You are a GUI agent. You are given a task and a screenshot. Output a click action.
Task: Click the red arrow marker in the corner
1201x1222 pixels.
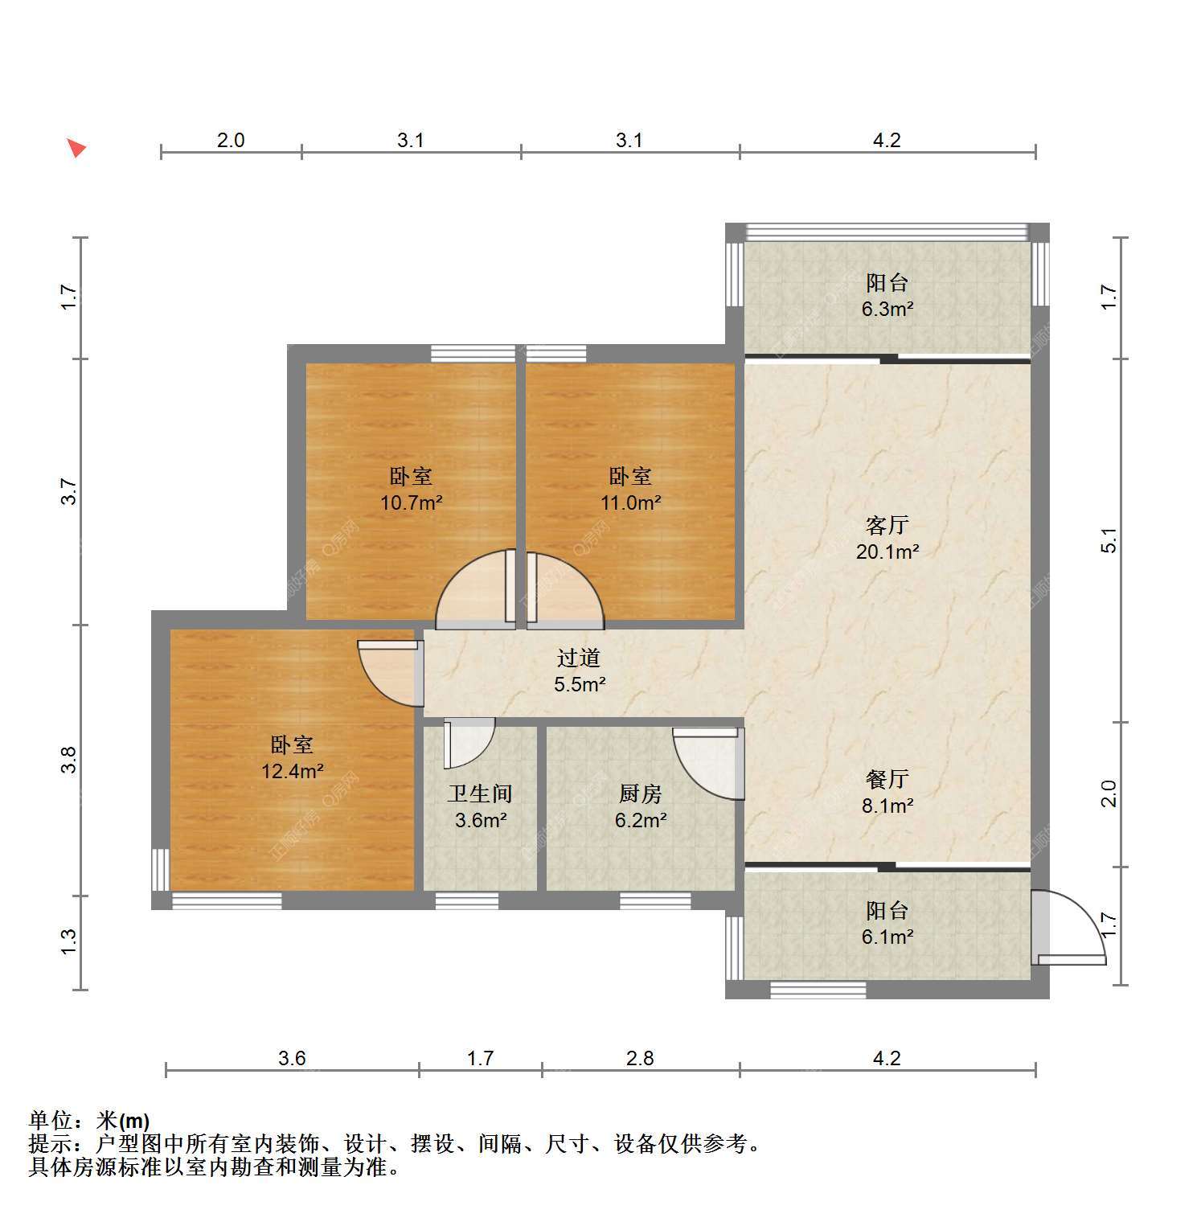[76, 148]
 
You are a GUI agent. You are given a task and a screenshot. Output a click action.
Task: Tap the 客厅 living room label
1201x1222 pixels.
[887, 526]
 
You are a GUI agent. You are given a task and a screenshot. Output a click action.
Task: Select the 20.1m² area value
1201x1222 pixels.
[887, 552]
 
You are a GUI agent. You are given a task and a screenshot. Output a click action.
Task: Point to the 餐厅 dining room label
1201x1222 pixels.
[887, 779]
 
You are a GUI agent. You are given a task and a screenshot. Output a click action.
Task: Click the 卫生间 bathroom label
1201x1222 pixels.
[480, 794]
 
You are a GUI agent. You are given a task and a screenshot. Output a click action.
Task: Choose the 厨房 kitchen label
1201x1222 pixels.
[641, 794]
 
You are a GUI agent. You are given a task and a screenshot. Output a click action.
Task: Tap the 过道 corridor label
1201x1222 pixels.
[579, 658]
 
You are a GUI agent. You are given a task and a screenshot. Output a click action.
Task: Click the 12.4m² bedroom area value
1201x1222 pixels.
[293, 772]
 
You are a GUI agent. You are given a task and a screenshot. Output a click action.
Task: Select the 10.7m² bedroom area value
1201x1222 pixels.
[412, 503]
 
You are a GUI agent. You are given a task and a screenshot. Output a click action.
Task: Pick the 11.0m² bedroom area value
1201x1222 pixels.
[631, 503]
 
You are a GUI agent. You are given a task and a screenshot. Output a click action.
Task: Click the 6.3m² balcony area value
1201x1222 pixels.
[887, 309]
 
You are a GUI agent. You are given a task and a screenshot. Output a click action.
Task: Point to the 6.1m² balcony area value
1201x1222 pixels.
[887, 937]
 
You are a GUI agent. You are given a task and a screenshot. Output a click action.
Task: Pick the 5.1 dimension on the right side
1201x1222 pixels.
[1109, 540]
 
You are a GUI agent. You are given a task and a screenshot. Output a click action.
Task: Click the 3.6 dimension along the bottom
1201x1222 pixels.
[292, 1058]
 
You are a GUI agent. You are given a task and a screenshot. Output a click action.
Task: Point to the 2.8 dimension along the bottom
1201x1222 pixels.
[640, 1058]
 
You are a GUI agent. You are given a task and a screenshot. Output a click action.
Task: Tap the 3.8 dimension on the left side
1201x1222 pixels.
[70, 760]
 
